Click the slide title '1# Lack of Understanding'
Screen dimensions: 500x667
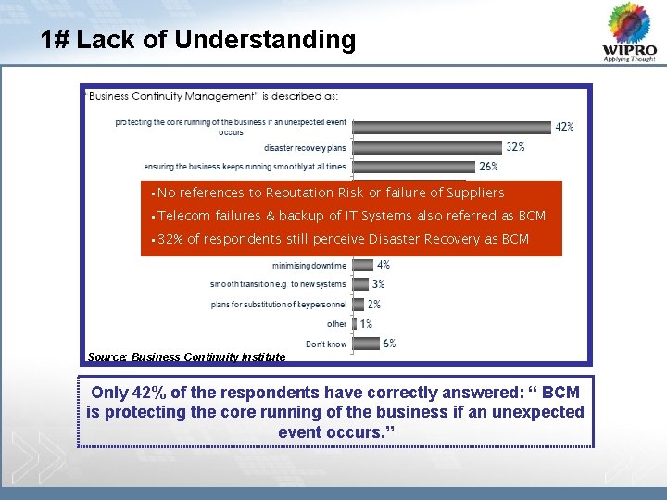click(x=198, y=41)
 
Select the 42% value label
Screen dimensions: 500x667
click(x=564, y=127)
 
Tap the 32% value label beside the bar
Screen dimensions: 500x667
click(x=515, y=146)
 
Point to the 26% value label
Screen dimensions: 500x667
click(x=488, y=167)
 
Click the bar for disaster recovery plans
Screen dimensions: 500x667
click(x=427, y=147)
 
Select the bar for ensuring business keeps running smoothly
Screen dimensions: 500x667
click(x=413, y=167)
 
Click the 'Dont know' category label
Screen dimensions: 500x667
click(x=326, y=344)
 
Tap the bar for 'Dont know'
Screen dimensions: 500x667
click(x=366, y=344)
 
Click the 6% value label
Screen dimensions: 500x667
click(x=389, y=344)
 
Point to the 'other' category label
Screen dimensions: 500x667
click(x=336, y=324)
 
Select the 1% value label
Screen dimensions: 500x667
click(x=366, y=324)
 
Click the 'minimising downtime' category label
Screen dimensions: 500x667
click(x=308, y=265)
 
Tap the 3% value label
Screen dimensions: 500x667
click(x=378, y=284)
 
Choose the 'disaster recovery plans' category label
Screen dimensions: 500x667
click(x=305, y=148)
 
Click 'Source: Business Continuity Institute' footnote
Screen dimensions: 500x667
click(x=186, y=356)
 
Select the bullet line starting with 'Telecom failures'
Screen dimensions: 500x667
click(x=351, y=216)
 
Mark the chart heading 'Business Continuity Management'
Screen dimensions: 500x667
click(x=211, y=95)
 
